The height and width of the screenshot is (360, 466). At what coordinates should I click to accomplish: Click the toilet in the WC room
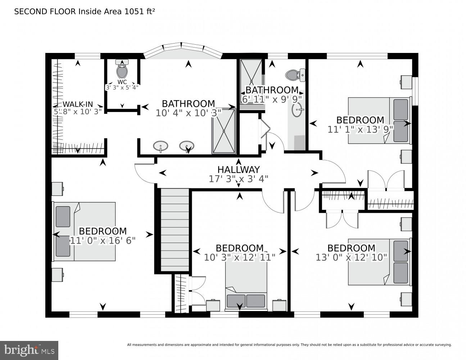coord(122,71)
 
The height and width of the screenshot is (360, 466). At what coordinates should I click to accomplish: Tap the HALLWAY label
coord(238,170)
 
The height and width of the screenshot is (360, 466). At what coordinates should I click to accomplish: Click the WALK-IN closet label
coord(78,104)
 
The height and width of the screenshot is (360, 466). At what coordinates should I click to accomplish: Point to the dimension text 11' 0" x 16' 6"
coord(103,240)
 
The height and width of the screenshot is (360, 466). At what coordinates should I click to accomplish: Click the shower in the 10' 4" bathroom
coord(224,131)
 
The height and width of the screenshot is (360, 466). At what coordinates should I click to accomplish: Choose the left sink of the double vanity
coord(160,147)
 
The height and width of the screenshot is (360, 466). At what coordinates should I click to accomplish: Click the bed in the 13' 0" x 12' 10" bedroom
coord(379,262)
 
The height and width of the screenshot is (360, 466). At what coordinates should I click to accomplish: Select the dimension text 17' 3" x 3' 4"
coord(238,179)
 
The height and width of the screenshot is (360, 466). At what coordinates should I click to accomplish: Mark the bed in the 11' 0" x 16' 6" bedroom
coord(84,231)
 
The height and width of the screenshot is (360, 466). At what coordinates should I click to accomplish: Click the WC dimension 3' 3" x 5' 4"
coord(122,87)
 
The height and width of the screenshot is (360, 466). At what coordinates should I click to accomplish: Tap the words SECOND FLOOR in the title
coord(45,12)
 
